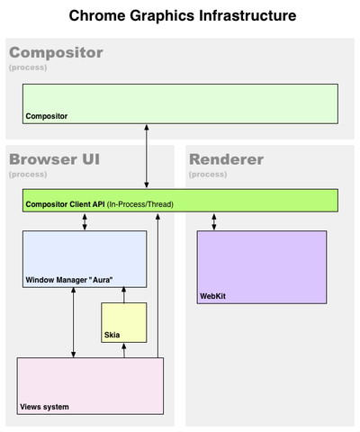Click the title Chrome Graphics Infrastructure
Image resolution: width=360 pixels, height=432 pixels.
point(183,15)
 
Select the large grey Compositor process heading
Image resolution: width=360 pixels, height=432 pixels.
point(56,53)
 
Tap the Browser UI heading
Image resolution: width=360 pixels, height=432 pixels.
point(54,159)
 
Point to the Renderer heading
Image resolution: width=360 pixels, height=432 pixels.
point(227,159)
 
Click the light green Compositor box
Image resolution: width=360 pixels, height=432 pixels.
point(180,103)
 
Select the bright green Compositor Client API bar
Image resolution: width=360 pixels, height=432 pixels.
point(180,201)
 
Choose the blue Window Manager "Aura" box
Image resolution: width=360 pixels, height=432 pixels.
point(85,259)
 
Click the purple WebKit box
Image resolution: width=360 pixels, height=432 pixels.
point(262,267)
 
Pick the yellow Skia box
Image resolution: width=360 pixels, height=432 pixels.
point(124,322)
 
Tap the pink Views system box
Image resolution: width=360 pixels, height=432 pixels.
point(90,386)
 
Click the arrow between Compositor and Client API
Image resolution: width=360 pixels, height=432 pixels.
point(147,157)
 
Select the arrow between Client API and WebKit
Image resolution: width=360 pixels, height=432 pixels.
point(214,221)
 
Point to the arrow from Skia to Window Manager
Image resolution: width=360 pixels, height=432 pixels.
point(123,295)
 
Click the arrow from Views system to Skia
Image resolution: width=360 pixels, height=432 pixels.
point(124,350)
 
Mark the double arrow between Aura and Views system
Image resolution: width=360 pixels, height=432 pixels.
point(73,322)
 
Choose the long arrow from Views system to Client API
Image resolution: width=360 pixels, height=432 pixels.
point(157,285)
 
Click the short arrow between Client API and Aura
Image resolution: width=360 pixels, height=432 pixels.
point(85,221)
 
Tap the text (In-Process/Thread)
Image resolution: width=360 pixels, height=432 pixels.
point(140,204)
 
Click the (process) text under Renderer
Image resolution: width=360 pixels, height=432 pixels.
point(208,175)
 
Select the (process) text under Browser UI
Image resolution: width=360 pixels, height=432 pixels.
point(28,175)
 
